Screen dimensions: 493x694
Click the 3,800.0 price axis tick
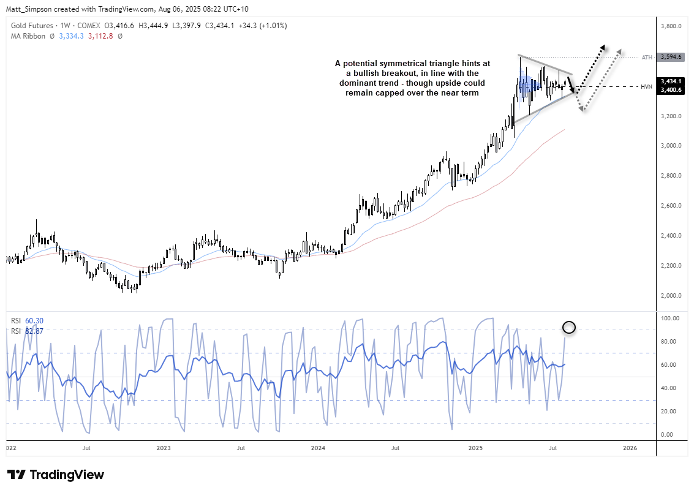672,27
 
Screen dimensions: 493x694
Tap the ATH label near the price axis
646,57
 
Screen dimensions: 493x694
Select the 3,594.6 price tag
672,57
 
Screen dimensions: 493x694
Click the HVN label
646,86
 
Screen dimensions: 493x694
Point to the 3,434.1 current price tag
672,81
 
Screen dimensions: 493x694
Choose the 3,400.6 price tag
672,90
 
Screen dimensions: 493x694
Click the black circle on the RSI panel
568,328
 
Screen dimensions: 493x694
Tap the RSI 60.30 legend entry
27,321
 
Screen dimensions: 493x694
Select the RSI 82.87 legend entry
27,331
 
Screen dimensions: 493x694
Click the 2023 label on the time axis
164,448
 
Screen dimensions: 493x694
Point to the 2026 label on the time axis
629,448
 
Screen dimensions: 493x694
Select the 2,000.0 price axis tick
672,296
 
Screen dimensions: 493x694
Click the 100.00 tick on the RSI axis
670,318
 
